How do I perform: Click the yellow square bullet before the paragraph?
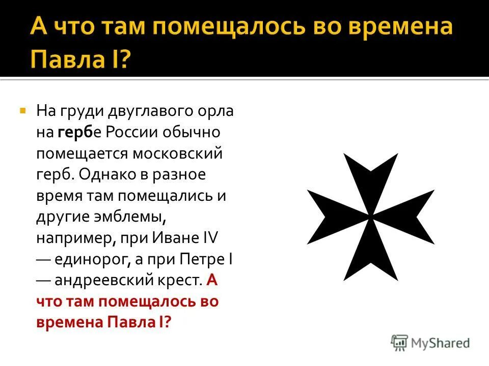[22, 110]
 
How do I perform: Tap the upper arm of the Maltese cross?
[370, 178]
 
